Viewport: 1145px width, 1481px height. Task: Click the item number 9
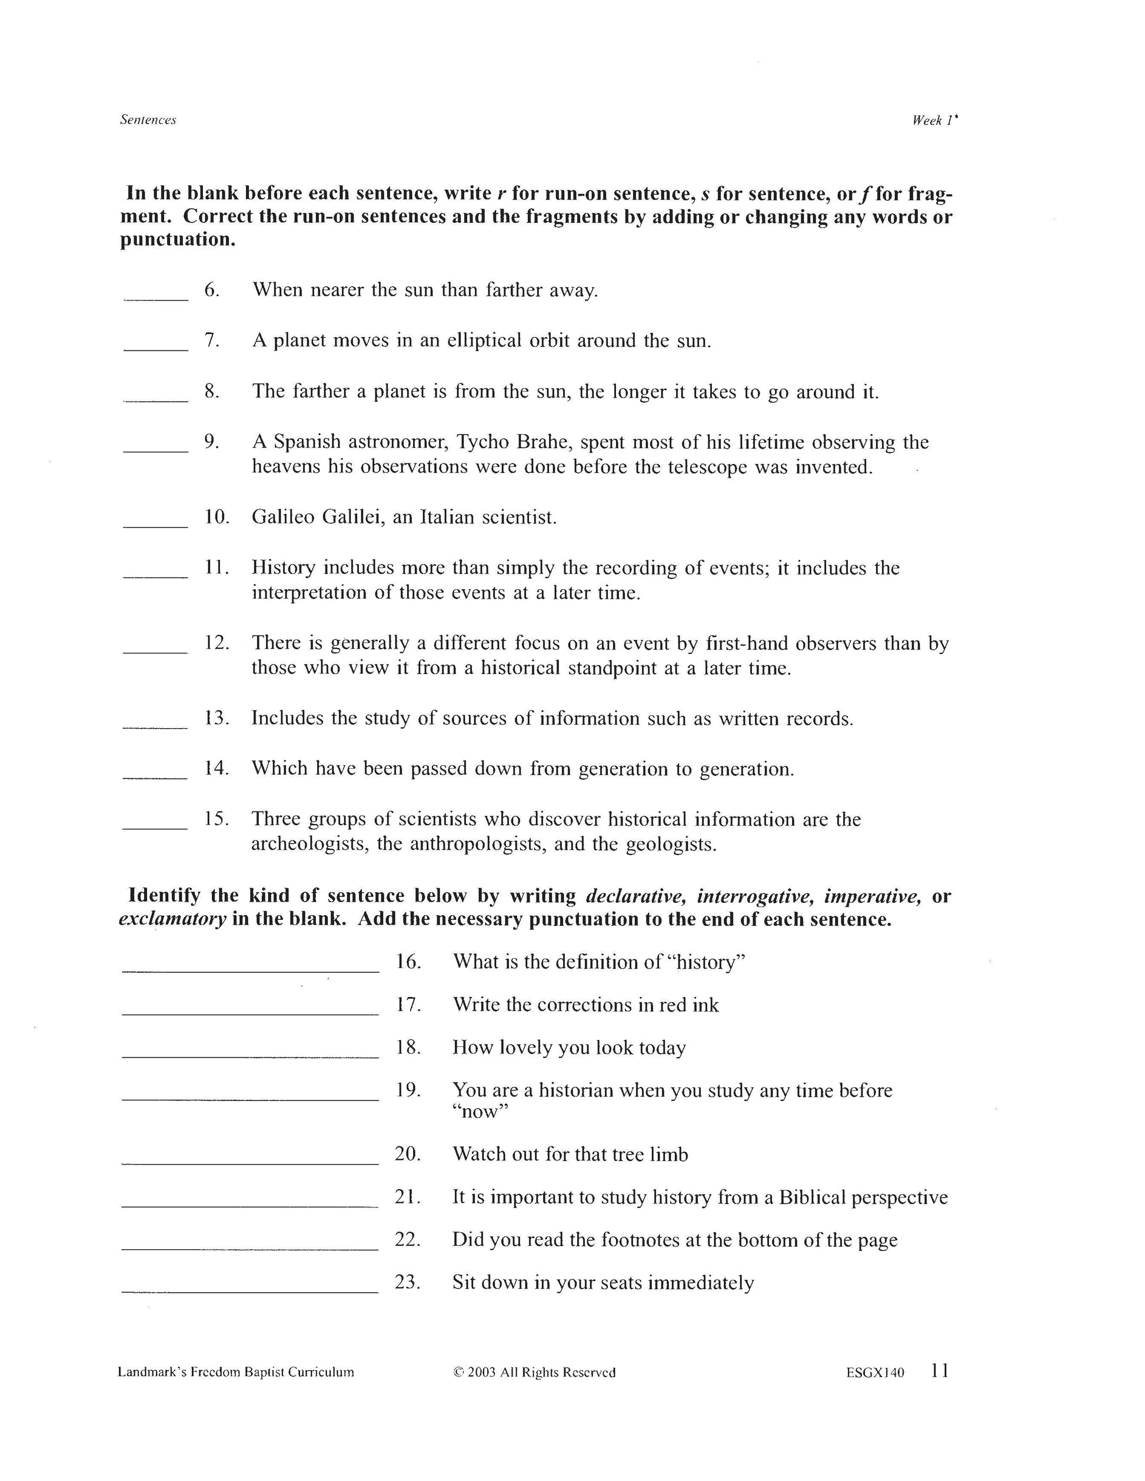[212, 442]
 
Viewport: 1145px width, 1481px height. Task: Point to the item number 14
[217, 768]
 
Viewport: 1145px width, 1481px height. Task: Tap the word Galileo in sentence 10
[283, 518]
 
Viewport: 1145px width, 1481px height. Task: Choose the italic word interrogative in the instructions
[755, 896]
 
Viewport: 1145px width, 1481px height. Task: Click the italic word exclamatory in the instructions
[172, 920]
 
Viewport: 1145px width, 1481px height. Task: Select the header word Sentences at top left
[148, 120]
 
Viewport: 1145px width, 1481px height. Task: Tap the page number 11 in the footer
[940, 1371]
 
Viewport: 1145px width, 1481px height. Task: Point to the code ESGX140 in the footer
[874, 1373]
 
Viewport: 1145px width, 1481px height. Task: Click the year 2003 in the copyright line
[482, 1373]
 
